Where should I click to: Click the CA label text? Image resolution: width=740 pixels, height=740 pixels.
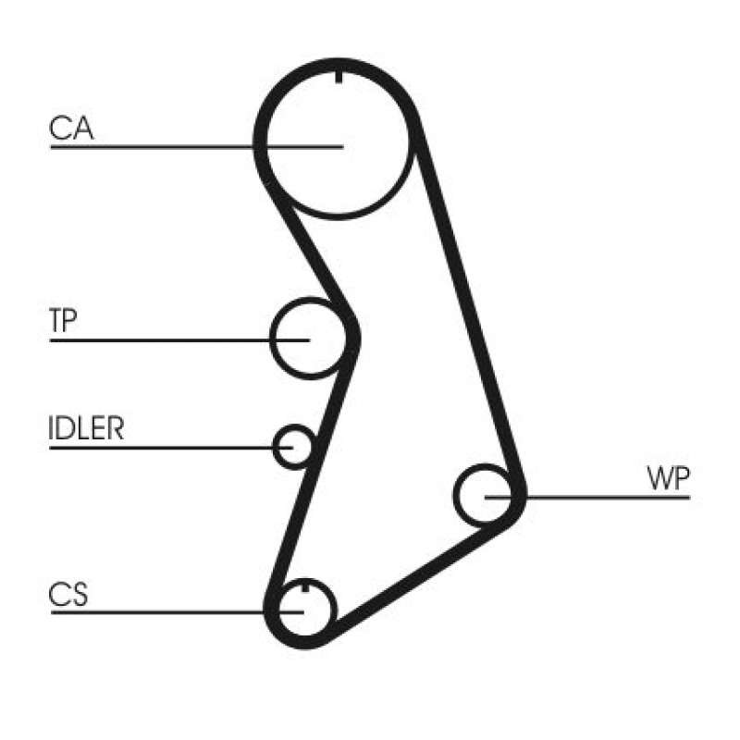(71, 128)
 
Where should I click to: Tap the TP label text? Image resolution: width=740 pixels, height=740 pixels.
(63, 320)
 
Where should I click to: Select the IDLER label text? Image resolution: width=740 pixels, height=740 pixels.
(86, 428)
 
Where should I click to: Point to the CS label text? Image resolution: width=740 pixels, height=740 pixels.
(68, 595)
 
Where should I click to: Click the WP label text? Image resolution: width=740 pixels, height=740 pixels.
(668, 478)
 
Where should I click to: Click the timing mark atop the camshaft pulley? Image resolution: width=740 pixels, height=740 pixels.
(339, 77)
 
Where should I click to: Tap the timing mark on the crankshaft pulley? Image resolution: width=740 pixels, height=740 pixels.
(305, 587)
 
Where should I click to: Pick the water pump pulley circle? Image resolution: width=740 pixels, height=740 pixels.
(455, 496)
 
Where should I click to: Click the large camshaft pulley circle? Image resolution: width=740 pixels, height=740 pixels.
(338, 217)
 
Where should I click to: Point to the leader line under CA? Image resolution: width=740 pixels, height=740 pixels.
(197, 147)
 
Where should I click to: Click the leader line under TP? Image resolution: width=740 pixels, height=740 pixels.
(179, 339)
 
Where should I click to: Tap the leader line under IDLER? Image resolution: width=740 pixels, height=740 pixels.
(171, 448)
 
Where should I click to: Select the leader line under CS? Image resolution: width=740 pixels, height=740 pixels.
(178, 612)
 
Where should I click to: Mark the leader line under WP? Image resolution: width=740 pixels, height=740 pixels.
(587, 497)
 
